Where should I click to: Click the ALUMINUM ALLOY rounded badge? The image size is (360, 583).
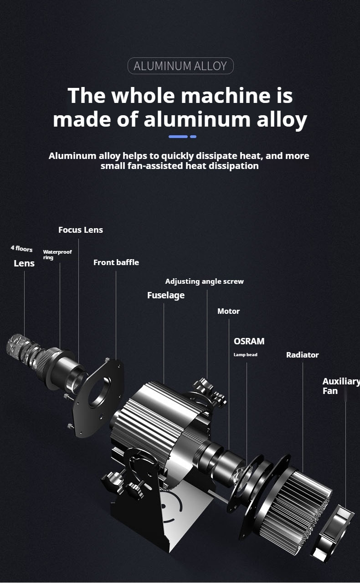pos(180,66)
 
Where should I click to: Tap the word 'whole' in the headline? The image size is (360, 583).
pos(143,95)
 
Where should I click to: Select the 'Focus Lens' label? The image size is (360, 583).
pos(81,230)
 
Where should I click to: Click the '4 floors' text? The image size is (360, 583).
pos(21,249)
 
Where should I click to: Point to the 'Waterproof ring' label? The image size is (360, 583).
pos(57,255)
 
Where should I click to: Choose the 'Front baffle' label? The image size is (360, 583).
pos(116,262)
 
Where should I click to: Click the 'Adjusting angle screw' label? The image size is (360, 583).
pos(205,281)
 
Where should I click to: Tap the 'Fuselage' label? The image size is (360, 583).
pos(166,296)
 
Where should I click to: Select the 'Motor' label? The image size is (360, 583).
pos(228,311)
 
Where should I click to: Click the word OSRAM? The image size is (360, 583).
pos(249,341)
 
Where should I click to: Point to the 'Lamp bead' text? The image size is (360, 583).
pos(245,355)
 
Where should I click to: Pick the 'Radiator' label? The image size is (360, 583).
pos(303,355)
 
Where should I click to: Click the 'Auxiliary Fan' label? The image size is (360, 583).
pos(341,386)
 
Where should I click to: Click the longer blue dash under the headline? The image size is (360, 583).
pos(178,137)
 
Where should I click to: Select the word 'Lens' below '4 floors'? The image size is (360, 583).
pos(24,263)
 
